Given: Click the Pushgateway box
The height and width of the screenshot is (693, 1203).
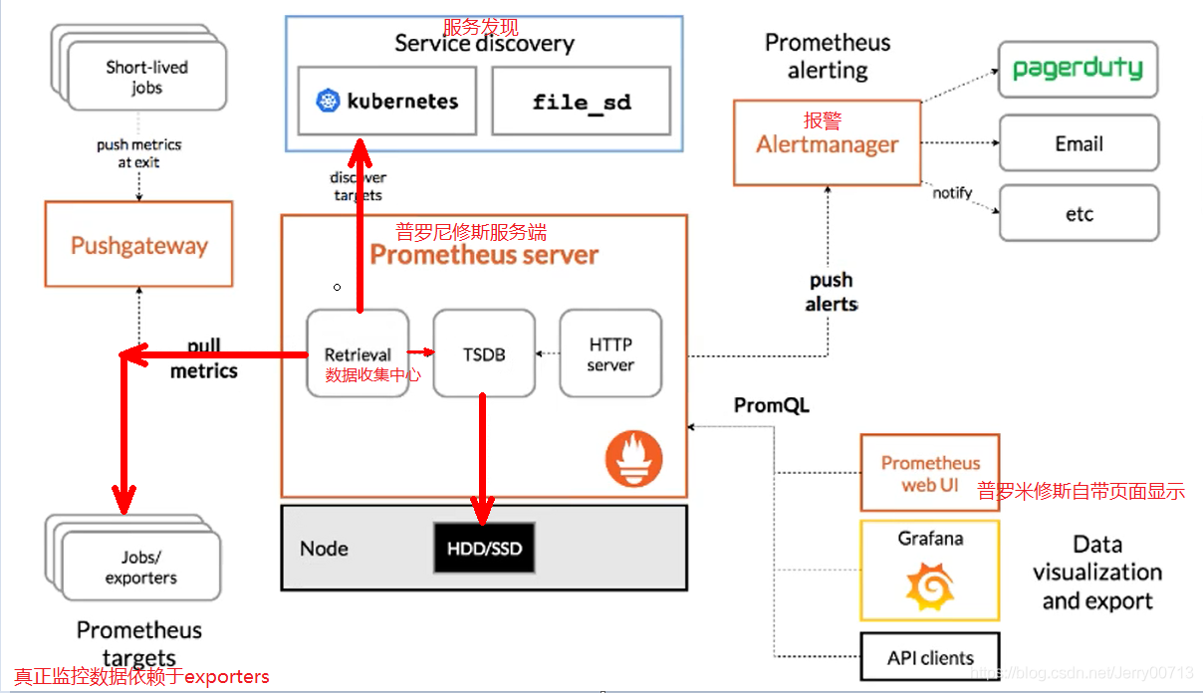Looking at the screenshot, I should (138, 245).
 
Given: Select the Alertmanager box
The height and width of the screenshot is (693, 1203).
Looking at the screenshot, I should (827, 142).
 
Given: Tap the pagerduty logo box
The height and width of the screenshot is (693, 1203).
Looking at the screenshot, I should (1078, 69).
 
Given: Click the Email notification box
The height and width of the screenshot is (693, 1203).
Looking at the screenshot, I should (1079, 143).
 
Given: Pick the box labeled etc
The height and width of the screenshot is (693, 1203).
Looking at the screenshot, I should (1079, 213).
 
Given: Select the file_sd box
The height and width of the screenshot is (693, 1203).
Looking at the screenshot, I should (582, 101).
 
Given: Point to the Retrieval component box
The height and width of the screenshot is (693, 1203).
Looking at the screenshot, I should (358, 353).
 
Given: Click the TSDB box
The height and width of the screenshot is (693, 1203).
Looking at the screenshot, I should (484, 353).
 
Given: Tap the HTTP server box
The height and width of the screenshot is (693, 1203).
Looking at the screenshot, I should (610, 353).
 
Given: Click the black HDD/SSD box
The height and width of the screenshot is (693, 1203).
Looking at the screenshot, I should (484, 549).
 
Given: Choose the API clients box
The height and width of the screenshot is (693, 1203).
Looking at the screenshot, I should (930, 657).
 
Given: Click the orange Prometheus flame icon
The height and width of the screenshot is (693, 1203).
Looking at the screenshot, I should (633, 460).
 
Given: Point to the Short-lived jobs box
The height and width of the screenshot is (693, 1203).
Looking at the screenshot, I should (146, 78).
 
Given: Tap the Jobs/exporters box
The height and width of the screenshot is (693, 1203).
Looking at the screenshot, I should (140, 568).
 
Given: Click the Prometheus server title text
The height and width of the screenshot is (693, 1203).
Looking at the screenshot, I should (484, 255).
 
